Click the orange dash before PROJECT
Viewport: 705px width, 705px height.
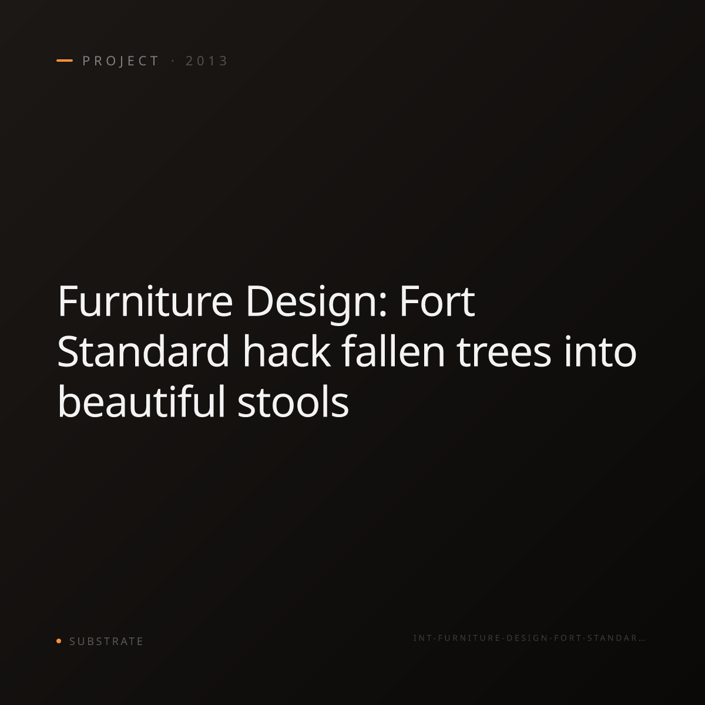click(65, 61)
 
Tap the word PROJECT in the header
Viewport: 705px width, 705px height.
click(120, 61)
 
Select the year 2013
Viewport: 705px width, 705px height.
click(207, 61)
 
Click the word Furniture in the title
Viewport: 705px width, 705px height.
click(145, 302)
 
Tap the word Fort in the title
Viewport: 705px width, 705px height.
click(438, 302)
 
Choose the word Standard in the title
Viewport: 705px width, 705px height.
click(143, 351)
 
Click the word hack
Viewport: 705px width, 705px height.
click(287, 351)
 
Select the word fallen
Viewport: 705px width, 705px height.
click(393, 351)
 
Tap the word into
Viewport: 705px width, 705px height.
click(600, 351)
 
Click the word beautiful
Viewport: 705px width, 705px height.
click(141, 401)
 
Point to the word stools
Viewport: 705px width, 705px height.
click(293, 401)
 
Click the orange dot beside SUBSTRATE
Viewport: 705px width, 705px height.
click(59, 641)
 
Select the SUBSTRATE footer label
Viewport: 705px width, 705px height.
click(106, 642)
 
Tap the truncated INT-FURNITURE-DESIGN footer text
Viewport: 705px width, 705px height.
click(529, 638)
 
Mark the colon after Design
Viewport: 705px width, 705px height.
click(382, 306)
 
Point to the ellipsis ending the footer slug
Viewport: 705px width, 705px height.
click(642, 640)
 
